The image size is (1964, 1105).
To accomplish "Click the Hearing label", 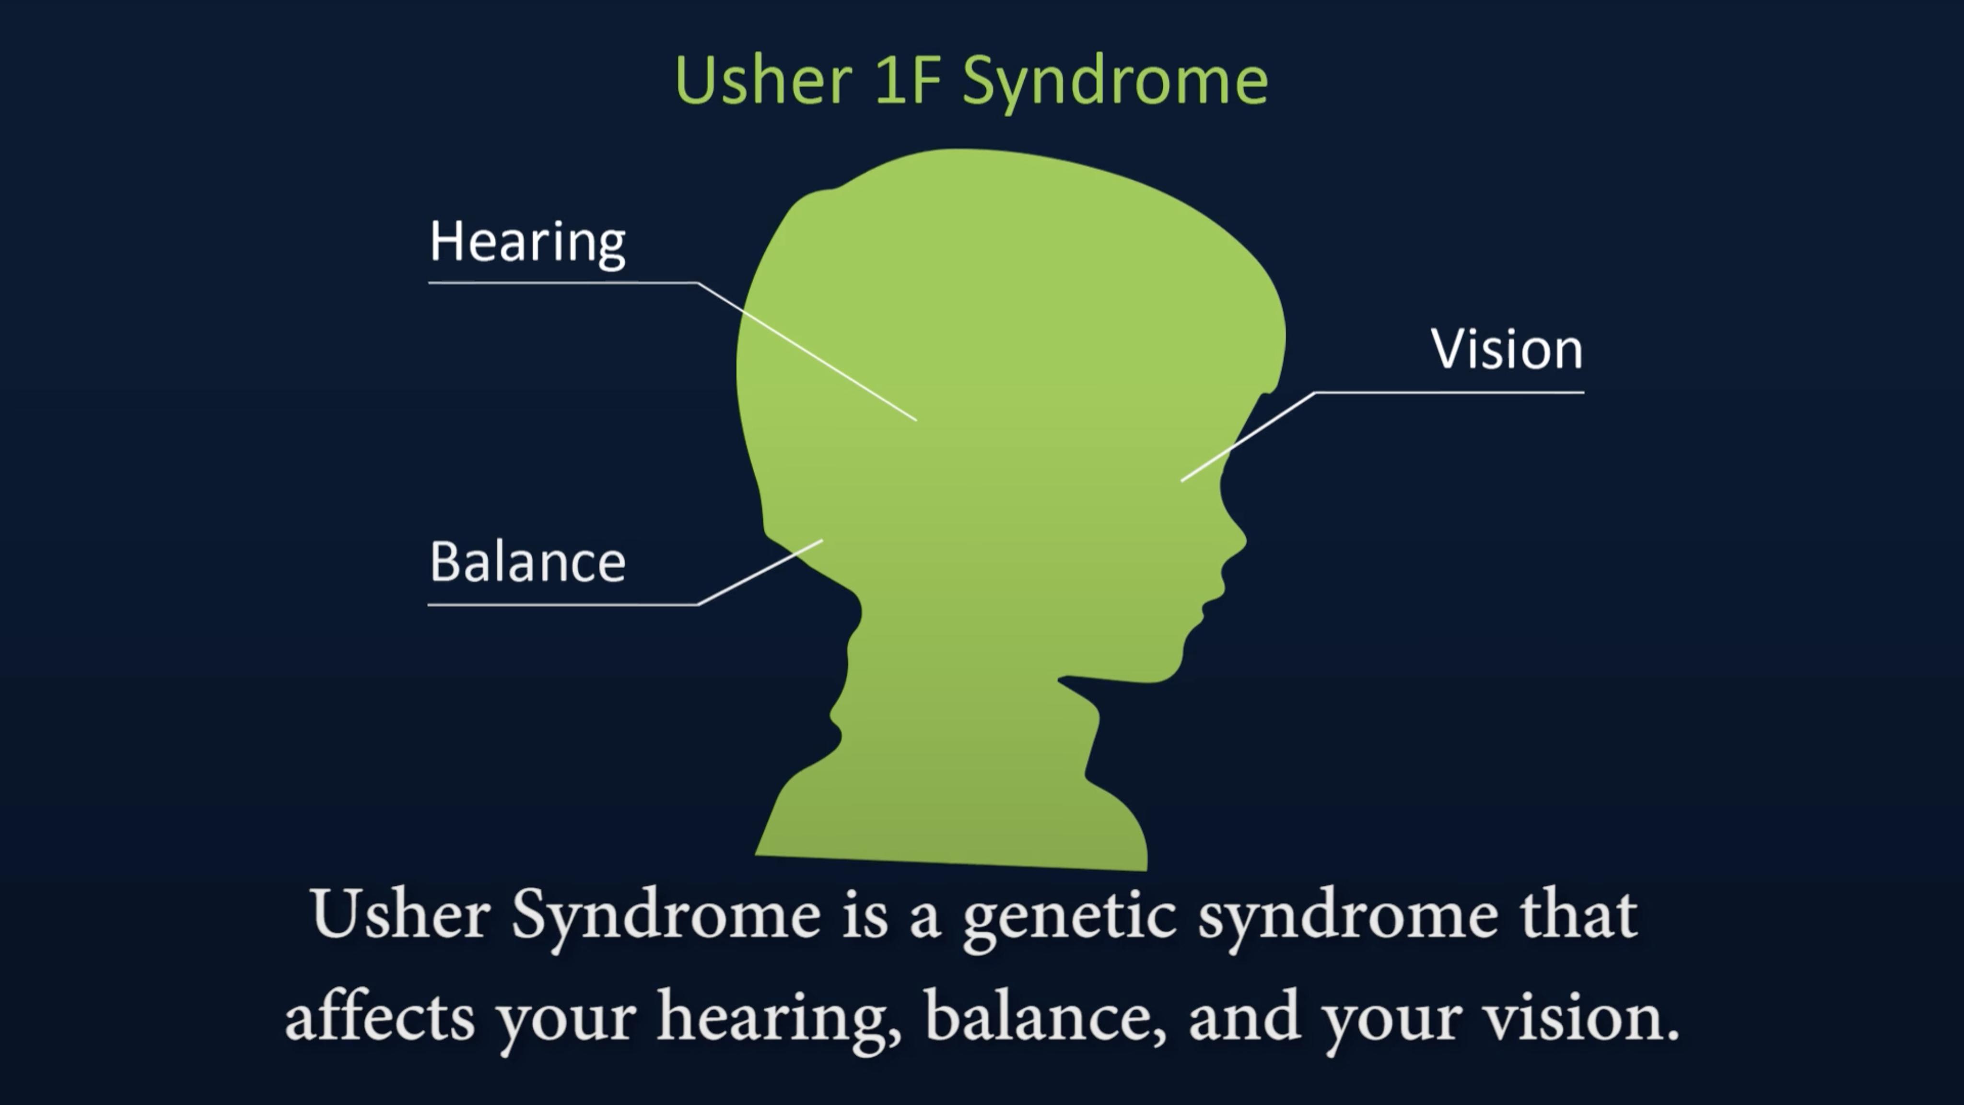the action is pos(527,243).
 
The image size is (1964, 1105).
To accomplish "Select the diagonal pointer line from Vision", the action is pos(1248,436).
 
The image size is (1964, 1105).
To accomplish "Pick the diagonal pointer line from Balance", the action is pos(760,572).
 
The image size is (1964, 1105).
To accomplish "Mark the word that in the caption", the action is pos(1578,914).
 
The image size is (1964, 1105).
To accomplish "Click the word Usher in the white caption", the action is pos(400,914).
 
